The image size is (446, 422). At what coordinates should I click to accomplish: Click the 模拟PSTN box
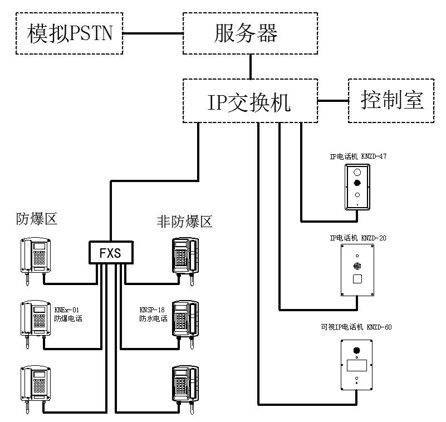pos(70,34)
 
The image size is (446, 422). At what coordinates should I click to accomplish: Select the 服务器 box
pos(251,34)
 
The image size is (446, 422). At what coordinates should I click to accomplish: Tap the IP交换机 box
pos(250,101)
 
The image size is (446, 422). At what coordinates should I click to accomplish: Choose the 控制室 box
pos(391,100)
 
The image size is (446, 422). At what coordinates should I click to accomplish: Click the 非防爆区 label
pos(185,222)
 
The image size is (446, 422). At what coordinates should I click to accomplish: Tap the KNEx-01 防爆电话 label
pos(67,315)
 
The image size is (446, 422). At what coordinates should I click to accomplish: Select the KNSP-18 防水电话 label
pos(153,315)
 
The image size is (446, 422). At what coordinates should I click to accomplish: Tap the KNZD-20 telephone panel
pos(357,270)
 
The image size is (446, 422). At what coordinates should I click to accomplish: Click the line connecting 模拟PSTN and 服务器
pos(153,34)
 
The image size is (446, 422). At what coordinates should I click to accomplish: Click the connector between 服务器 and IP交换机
pos(251,66)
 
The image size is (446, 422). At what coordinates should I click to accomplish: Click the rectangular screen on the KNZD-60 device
pos(356,366)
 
